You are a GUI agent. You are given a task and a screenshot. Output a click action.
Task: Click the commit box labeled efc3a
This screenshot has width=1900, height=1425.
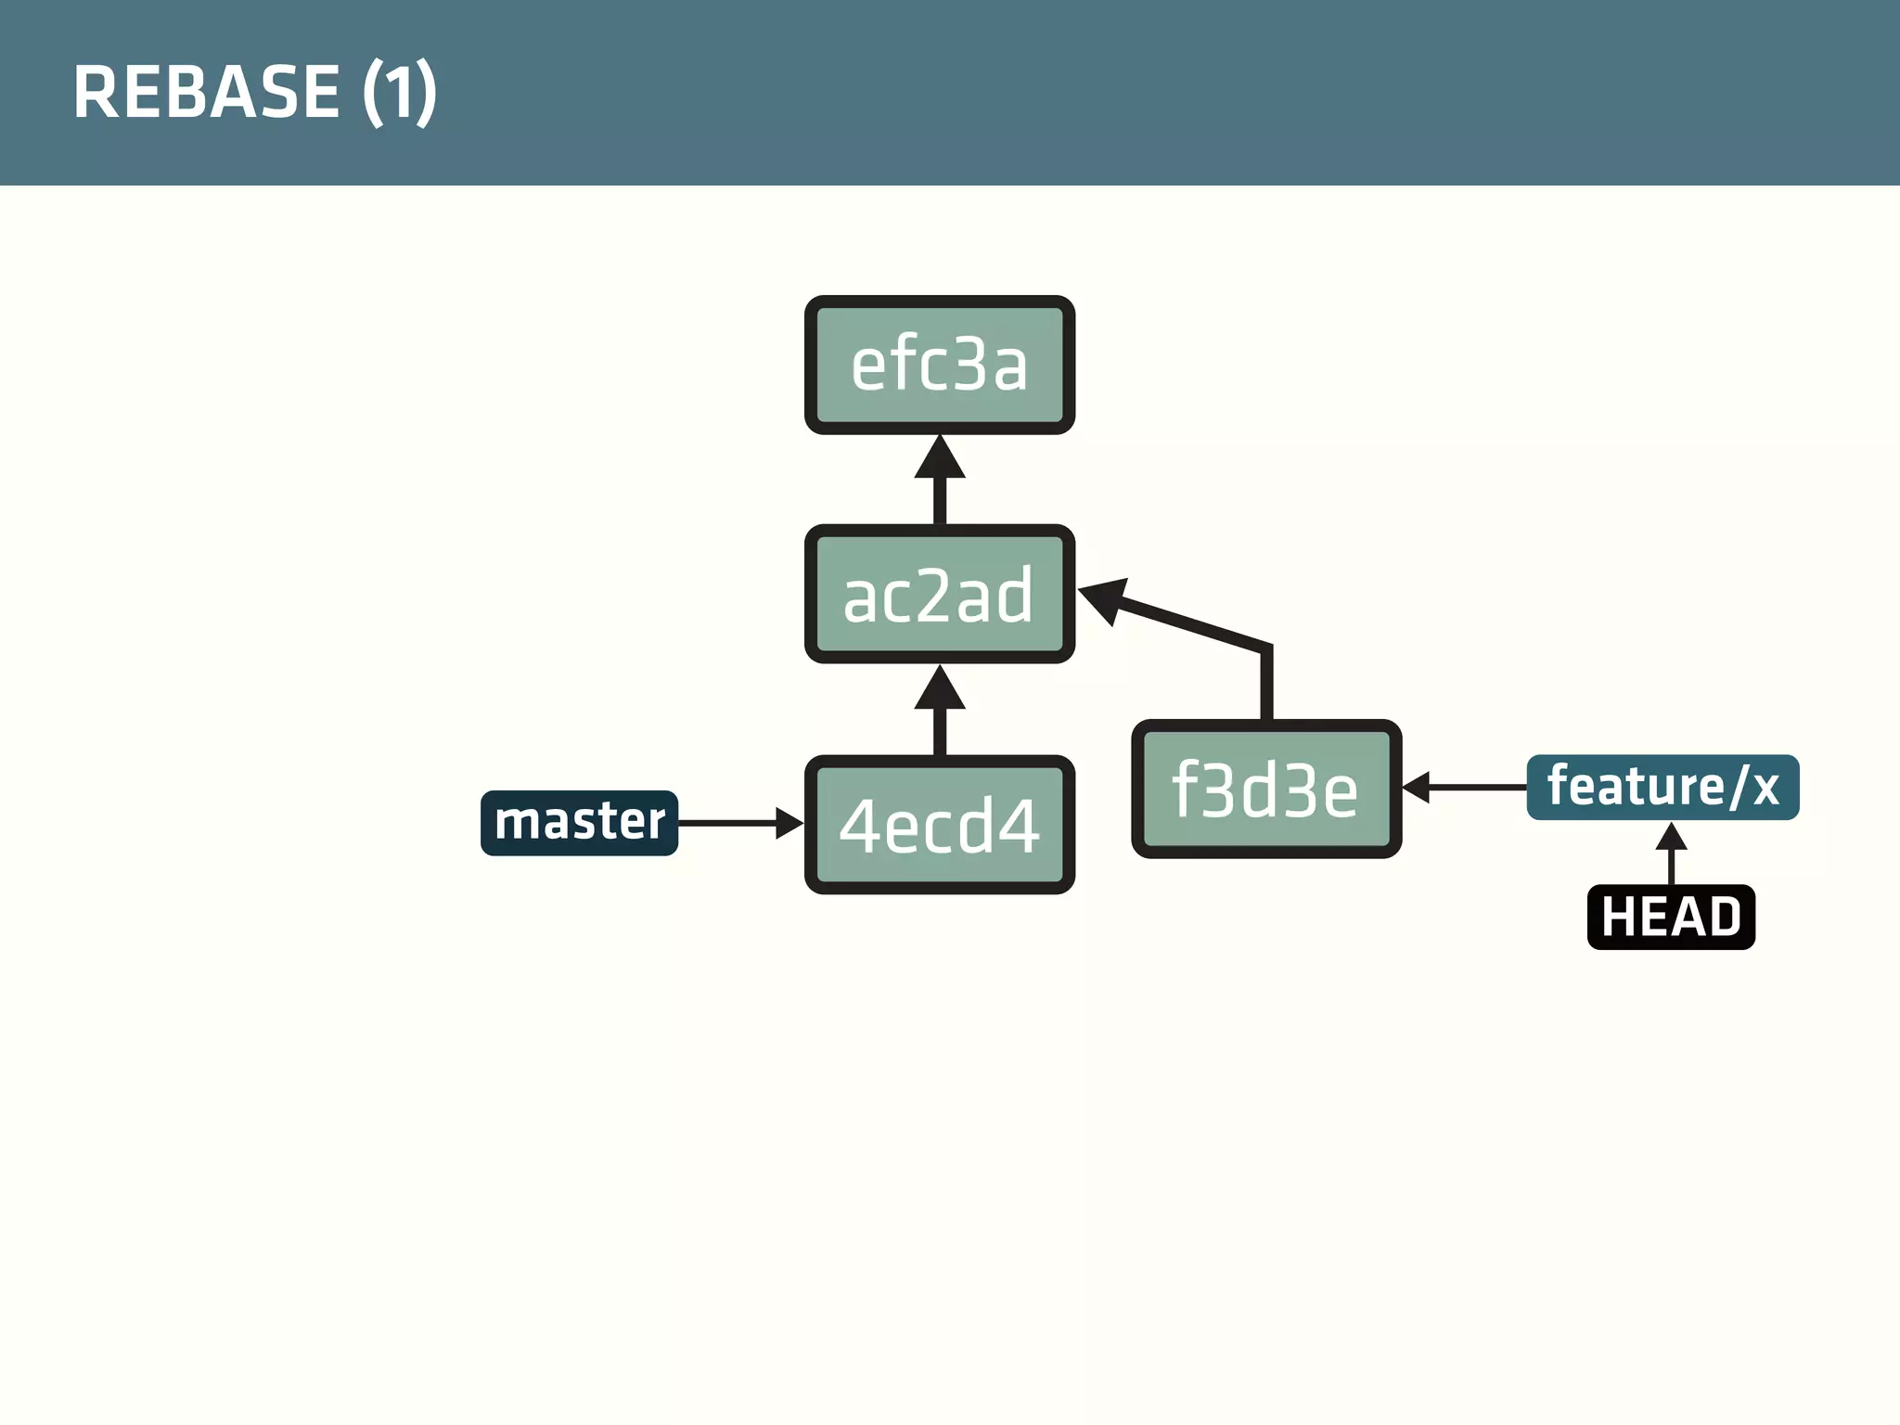coord(939,365)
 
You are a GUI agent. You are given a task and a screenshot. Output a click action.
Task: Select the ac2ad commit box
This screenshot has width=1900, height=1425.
coord(939,594)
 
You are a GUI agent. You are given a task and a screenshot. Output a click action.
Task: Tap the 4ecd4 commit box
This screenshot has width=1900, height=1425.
coord(939,825)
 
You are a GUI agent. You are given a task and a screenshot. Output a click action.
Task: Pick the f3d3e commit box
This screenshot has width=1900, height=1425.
coord(1266,789)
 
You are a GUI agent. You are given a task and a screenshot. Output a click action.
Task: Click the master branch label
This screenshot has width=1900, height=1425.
coord(579,823)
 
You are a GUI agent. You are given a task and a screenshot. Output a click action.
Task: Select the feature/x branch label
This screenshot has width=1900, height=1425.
coord(1662,788)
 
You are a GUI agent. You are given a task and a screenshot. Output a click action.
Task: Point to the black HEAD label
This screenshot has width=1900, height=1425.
coord(1671,917)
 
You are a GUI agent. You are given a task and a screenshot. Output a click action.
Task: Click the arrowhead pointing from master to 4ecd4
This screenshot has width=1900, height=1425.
coord(790,823)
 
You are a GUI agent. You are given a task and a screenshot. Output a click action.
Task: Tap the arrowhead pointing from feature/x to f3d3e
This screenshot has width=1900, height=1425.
coord(1416,788)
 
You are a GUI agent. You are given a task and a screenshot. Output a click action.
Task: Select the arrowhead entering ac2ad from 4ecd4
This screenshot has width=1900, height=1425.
coord(939,688)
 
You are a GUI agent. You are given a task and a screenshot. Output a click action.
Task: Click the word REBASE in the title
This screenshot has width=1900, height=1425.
coord(206,92)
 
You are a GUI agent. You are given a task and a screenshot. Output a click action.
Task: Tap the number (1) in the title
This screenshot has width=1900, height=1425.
coord(399,92)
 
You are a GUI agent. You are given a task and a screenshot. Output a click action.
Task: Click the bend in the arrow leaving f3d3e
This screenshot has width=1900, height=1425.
coord(1265,648)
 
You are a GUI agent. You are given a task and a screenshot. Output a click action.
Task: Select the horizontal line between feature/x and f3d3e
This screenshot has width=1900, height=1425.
coord(1477,788)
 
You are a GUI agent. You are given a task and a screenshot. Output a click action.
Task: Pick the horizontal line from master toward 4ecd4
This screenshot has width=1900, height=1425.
coord(727,823)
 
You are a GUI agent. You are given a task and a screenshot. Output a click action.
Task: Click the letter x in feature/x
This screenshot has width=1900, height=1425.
coord(1765,789)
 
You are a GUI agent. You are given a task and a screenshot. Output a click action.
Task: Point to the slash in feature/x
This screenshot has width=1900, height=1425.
coord(1738,788)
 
